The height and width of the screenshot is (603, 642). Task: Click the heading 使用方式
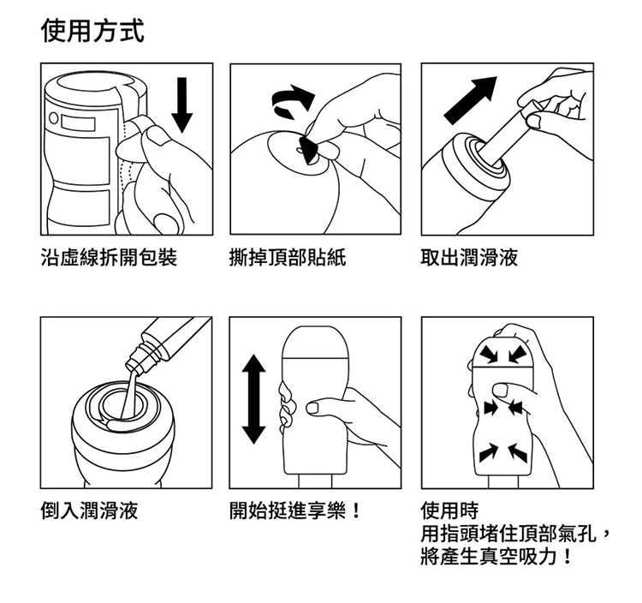92,31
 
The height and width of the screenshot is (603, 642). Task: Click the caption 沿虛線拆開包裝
109,258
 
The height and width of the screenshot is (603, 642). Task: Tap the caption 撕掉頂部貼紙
288,258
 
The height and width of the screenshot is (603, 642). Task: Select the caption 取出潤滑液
469,258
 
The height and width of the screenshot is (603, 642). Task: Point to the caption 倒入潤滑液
89,510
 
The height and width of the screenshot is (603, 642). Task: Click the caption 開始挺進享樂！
294,510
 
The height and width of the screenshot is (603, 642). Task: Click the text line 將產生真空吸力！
496,557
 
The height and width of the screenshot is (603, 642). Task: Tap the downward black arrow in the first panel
181,104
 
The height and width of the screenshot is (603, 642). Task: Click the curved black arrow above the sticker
293,102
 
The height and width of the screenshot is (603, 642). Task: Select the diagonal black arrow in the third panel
471,100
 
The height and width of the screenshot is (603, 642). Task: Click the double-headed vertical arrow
254,399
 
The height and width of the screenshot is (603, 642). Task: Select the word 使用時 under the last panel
449,510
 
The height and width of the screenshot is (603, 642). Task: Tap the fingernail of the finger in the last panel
501,390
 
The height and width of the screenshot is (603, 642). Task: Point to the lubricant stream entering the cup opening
130,394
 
